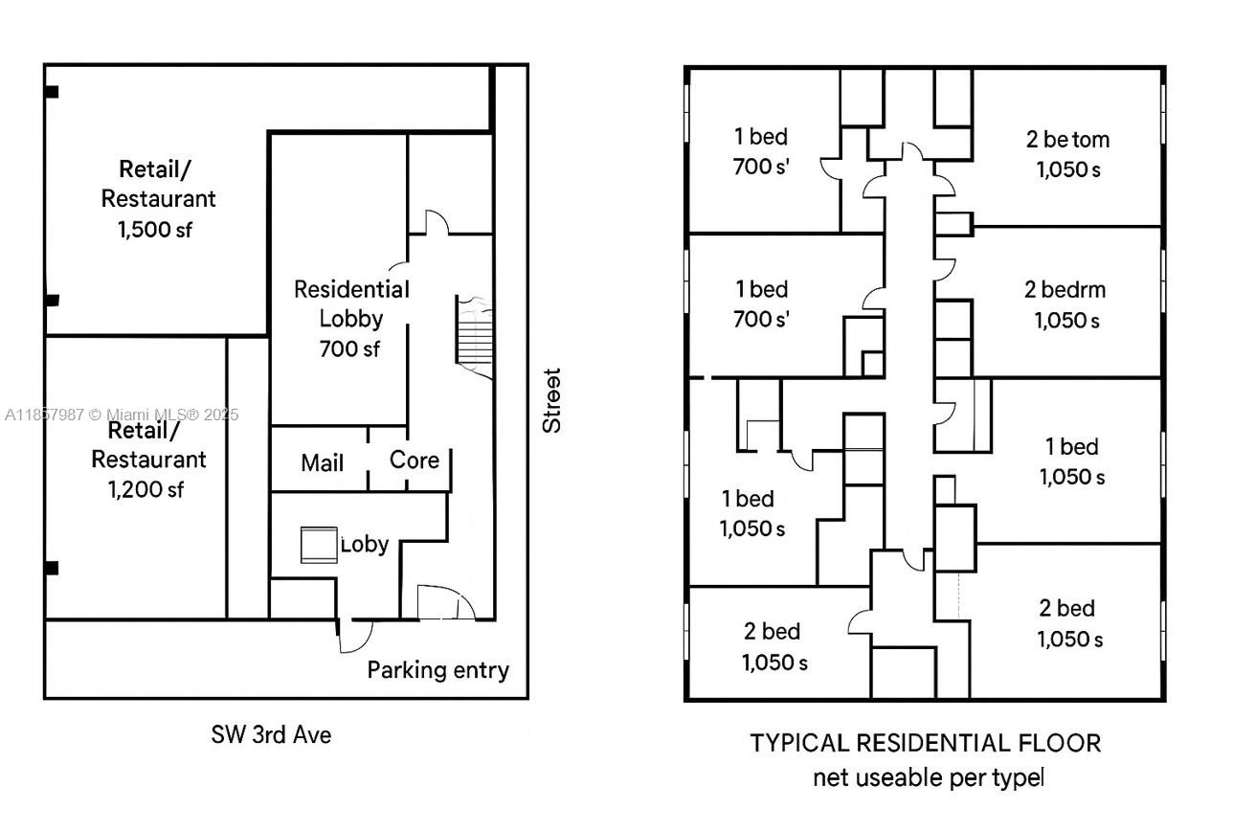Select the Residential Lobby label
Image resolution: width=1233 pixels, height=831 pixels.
point(350,303)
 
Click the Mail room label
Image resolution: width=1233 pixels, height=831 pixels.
point(322,463)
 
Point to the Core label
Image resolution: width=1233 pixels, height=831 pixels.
point(415,460)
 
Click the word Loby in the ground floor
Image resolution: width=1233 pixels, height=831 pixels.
point(365,545)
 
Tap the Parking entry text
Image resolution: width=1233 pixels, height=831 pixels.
point(437,670)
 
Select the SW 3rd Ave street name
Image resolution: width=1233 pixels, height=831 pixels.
point(271,735)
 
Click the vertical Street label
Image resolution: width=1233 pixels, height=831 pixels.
point(551,400)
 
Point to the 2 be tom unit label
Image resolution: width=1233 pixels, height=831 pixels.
point(1067,140)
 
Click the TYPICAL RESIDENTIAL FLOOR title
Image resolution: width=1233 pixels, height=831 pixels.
point(925,743)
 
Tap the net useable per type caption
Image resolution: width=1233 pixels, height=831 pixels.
point(928,777)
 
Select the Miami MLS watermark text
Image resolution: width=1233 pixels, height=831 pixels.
point(121,415)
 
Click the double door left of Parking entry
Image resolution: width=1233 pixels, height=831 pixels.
point(446,603)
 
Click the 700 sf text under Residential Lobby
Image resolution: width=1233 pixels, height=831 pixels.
point(349,349)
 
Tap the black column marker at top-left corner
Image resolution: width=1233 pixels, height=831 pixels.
point(52,92)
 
